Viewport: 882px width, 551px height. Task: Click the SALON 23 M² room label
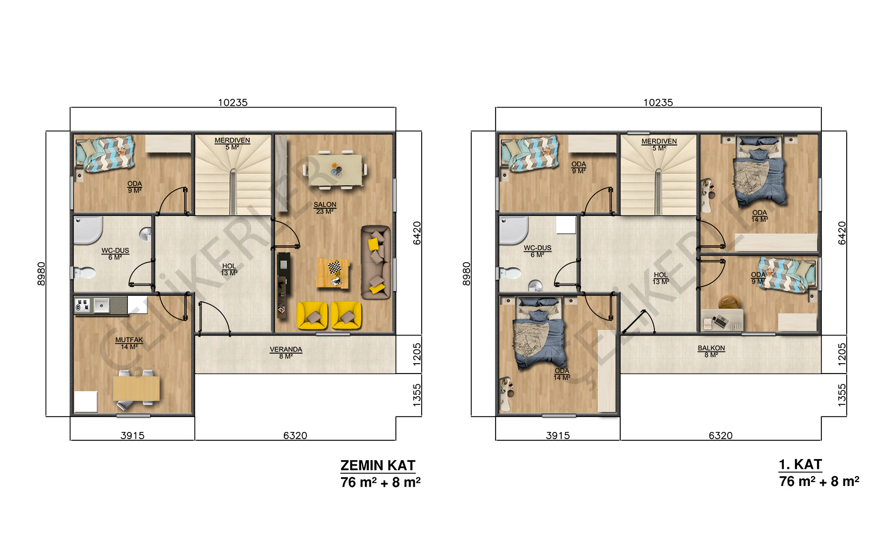325,208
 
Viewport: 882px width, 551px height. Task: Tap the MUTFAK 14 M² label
129,343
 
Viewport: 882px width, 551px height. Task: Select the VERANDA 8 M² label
286,353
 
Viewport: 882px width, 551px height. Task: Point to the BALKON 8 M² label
711,352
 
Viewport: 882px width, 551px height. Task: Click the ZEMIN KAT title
378,465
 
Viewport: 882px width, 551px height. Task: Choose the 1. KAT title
800,464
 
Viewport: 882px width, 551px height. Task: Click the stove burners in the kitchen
83,305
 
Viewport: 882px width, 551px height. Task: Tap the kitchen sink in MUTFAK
101,305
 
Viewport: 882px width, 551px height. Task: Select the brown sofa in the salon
376,262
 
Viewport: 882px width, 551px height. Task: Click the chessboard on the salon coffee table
335,268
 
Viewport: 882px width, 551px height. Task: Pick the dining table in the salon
335,170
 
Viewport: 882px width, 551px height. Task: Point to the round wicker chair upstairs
729,302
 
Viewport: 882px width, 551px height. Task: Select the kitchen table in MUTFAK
136,388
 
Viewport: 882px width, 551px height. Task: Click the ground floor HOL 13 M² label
229,269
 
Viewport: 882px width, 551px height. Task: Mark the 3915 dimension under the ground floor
132,436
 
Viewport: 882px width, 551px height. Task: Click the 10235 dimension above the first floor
658,102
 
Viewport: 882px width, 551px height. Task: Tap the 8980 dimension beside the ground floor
41,273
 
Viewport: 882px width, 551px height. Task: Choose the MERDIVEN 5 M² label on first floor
659,144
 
